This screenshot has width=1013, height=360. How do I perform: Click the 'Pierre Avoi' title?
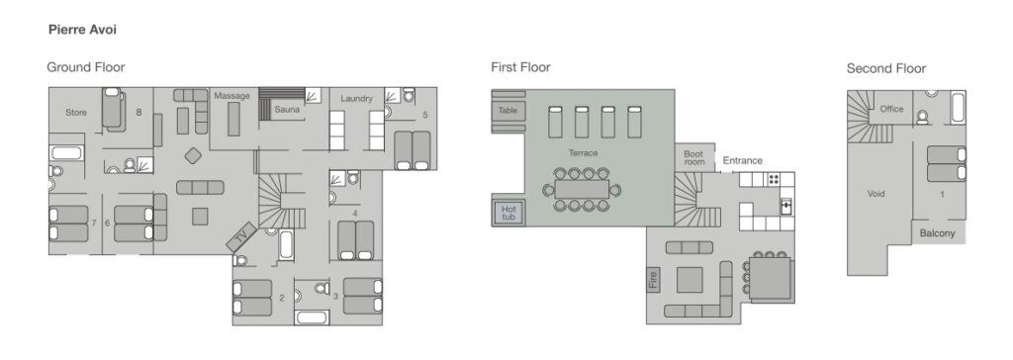point(82,30)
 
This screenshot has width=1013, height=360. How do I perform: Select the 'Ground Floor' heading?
point(86,67)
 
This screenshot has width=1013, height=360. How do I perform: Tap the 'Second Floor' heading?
point(885,68)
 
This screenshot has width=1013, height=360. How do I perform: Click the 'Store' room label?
point(76,113)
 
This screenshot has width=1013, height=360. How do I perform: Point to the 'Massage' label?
point(231,96)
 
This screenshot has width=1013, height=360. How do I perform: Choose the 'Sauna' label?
point(287,109)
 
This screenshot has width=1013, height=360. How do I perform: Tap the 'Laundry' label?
point(356,98)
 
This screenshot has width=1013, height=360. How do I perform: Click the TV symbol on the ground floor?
point(241,237)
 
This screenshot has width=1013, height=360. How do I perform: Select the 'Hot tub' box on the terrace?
point(508,213)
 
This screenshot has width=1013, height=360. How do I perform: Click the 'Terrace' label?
point(583,153)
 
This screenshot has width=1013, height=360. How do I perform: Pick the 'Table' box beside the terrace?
point(507,111)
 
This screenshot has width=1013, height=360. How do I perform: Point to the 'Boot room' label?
point(693,158)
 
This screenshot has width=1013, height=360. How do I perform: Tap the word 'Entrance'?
point(742,160)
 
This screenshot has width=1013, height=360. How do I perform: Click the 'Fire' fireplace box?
point(653,279)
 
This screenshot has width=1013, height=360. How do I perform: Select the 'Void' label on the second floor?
point(876,193)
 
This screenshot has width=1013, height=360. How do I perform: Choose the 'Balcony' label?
point(938,233)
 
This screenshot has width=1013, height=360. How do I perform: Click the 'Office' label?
point(891,109)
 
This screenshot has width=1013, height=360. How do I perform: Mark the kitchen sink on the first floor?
point(786,206)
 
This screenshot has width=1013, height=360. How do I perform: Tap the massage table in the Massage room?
point(233,120)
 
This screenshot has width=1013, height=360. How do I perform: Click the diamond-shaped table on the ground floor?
point(193,155)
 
